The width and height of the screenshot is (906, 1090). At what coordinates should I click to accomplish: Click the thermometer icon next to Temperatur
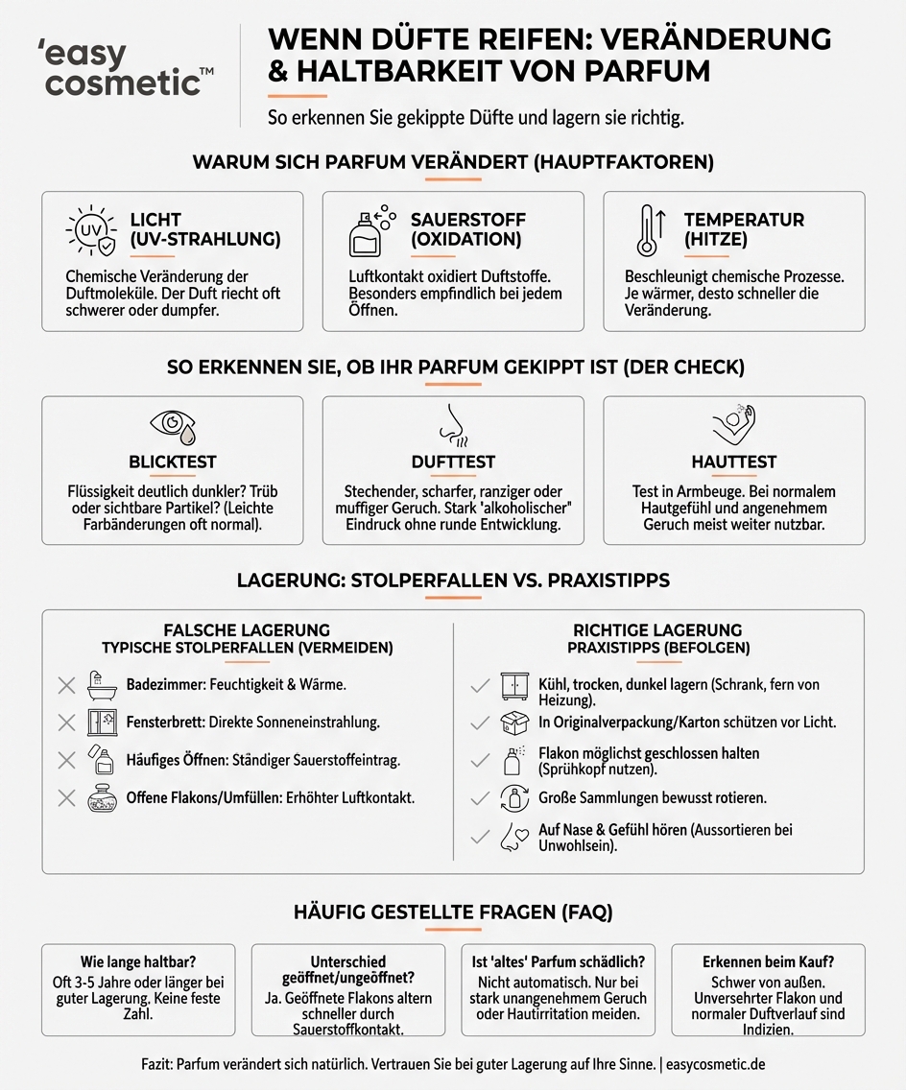[x=650, y=230]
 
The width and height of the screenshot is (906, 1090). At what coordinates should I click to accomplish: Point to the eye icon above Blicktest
[x=172, y=424]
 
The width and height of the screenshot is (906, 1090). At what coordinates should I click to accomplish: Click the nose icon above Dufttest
[x=452, y=424]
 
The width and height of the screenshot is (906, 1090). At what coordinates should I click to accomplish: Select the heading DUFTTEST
[x=452, y=462]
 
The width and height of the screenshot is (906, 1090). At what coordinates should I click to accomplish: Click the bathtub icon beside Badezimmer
[x=101, y=685]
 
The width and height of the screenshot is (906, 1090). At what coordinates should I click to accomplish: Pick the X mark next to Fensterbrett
[x=66, y=723]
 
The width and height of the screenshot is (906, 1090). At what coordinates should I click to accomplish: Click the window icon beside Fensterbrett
[x=101, y=723]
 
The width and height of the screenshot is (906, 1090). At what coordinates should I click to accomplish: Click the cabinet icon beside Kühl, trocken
[x=515, y=686]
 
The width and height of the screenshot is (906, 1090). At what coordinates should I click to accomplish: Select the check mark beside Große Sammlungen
[x=480, y=798]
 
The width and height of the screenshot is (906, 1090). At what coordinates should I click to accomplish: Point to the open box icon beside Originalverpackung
[x=515, y=723]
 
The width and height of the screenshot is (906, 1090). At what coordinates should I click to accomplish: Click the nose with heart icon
[x=515, y=836]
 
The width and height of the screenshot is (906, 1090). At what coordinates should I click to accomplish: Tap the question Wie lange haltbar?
[x=138, y=962]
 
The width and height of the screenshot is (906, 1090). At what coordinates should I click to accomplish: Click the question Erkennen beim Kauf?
[x=768, y=961]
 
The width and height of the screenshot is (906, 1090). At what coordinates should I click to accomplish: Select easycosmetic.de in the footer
[x=717, y=1065]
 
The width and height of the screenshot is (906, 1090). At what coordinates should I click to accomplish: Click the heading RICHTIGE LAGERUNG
[x=657, y=630]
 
